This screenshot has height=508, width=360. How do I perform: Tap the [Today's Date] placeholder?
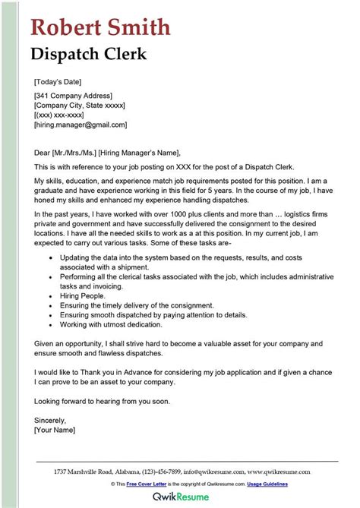point(58,81)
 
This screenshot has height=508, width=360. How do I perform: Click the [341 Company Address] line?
point(73,96)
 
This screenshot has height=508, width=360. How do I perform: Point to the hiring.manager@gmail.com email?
point(81,124)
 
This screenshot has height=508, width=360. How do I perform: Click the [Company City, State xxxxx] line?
point(80,105)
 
